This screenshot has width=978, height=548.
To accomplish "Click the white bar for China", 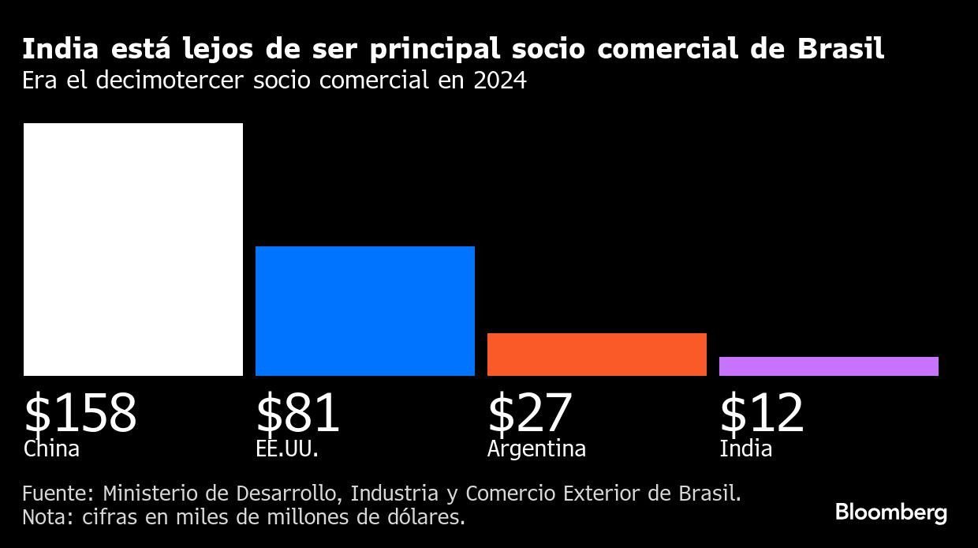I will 133,250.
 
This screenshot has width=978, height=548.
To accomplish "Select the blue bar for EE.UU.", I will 365,311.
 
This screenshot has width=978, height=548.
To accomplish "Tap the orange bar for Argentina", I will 597,355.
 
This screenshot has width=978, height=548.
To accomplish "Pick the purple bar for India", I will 829,366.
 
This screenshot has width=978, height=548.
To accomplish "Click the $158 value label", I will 80,413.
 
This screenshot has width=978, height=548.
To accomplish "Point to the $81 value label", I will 298,413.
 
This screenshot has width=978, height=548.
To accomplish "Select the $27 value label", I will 530,413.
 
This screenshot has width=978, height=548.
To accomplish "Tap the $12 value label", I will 762,413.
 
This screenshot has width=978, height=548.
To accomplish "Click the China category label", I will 51,449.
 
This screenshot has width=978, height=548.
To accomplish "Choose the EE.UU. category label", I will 287,449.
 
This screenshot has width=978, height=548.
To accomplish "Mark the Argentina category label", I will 536,449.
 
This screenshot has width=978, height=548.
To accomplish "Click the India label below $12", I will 745,449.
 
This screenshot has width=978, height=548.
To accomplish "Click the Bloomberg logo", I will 891,512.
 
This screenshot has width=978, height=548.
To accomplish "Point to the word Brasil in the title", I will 841,50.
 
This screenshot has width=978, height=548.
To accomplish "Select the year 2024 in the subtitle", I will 499,81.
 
